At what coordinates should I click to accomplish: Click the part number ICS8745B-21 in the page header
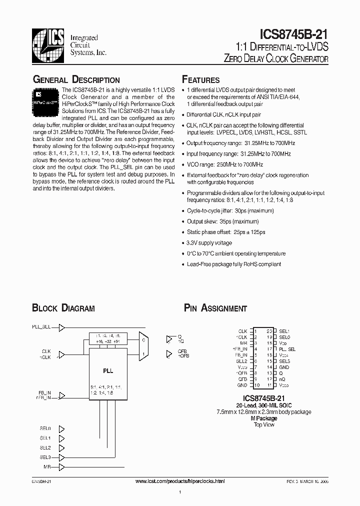click(x=294, y=34)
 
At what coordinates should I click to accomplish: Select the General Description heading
click(x=76, y=80)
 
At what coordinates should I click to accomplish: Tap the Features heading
click(x=201, y=80)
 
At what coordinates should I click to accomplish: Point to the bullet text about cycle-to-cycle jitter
click(x=223, y=211)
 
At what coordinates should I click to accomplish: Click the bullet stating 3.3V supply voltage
click(x=209, y=243)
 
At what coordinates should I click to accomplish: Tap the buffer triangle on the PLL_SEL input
click(x=62, y=328)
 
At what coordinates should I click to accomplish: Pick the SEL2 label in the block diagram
click(x=45, y=447)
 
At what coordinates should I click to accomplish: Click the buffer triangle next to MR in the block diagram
click(x=62, y=467)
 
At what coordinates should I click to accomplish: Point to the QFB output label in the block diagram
click(x=182, y=351)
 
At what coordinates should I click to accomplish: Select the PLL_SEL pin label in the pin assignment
click(x=287, y=349)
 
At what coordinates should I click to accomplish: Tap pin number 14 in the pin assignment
click(x=269, y=367)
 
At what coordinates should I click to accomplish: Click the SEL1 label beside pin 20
click(x=284, y=331)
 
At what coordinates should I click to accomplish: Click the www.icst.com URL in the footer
click(x=180, y=480)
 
